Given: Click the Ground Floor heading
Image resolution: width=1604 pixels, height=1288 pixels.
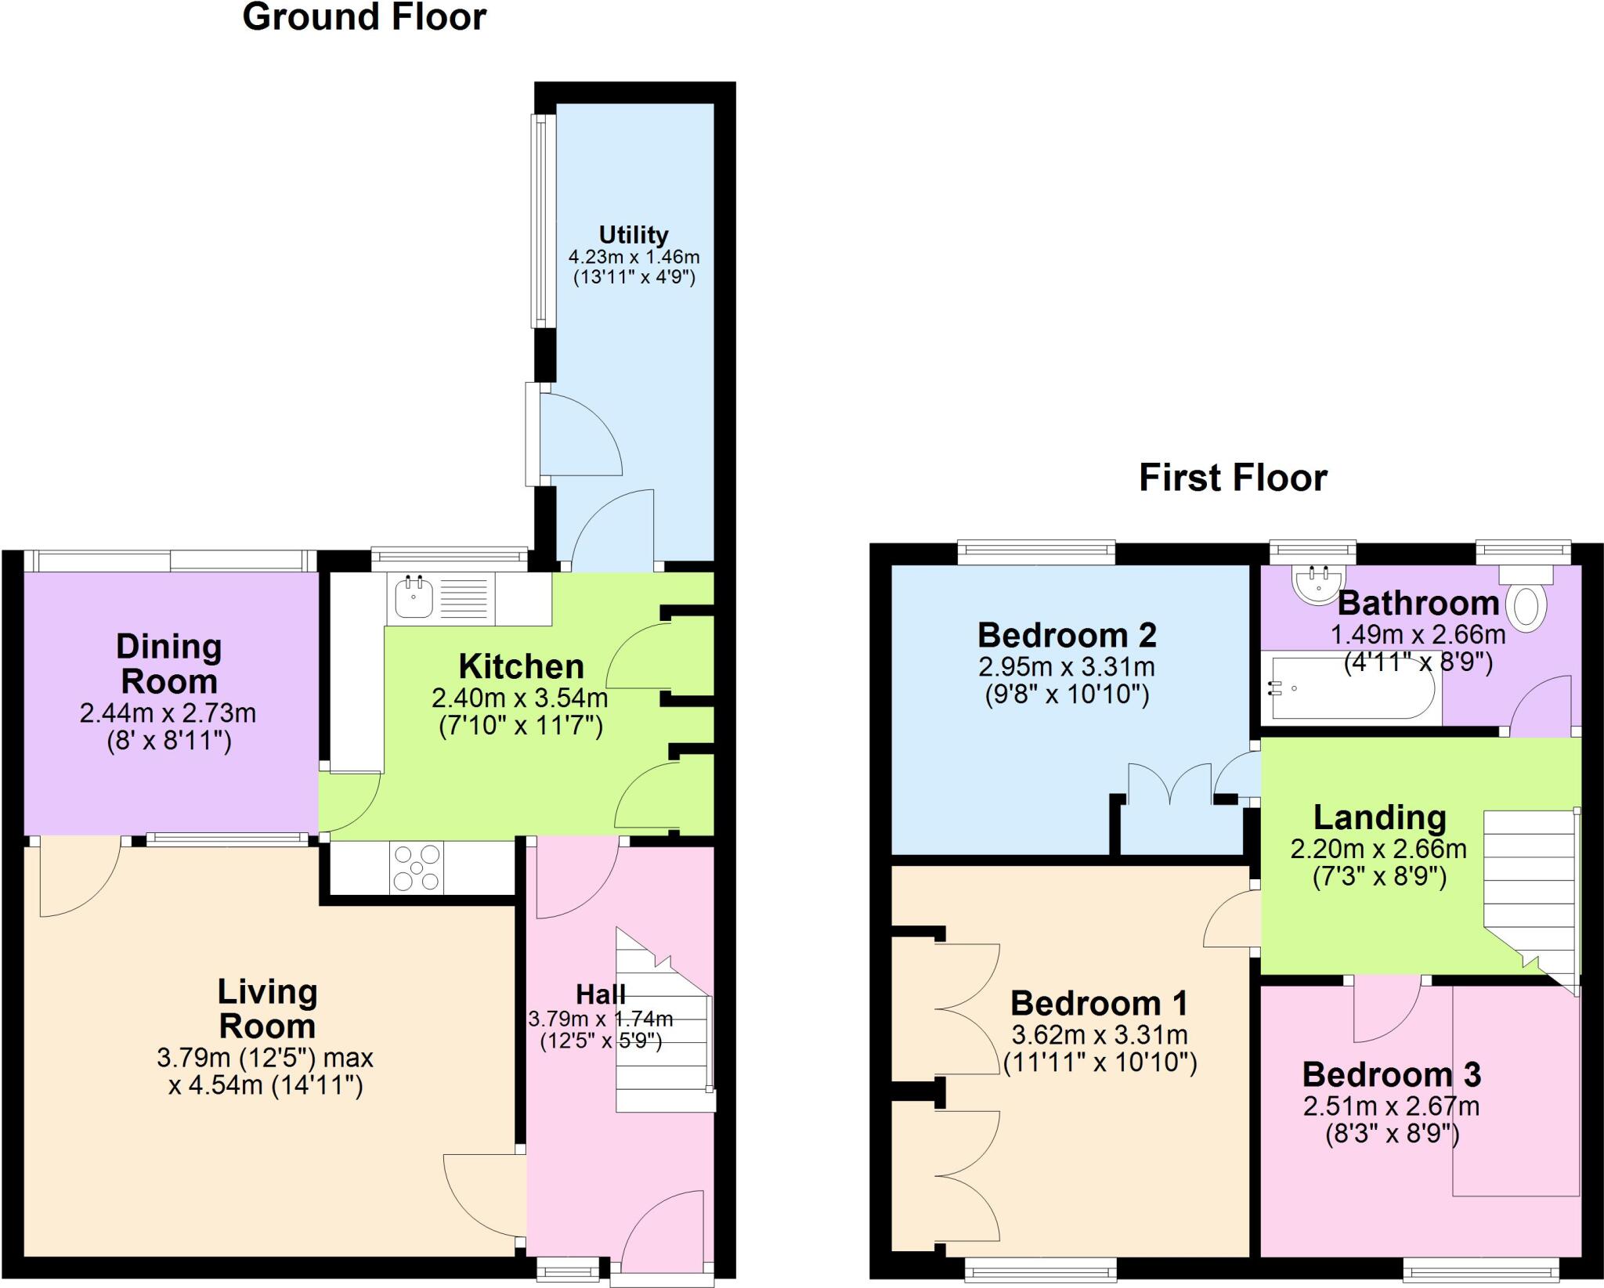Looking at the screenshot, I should click(x=364, y=17).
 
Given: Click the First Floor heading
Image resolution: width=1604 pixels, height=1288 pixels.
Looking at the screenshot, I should click(x=1233, y=478).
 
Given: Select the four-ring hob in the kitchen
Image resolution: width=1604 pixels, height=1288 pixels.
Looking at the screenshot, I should click(x=417, y=868).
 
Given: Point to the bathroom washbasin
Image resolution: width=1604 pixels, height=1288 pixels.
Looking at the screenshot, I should click(x=1318, y=583).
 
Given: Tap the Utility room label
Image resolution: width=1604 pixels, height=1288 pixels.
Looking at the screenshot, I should click(x=634, y=235).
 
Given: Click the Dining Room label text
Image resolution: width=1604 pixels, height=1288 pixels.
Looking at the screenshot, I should click(x=169, y=664).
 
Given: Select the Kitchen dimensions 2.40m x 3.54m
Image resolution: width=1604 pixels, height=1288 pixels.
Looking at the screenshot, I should click(x=520, y=697).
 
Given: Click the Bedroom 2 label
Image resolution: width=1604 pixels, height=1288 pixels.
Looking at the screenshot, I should click(x=1067, y=635).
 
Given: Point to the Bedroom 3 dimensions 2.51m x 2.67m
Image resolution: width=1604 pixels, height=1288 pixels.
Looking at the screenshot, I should click(x=1391, y=1106).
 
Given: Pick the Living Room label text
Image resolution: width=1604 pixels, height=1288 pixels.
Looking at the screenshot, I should click(x=267, y=1008).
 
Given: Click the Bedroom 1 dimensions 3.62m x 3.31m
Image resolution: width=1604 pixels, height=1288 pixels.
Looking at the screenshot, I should click(x=1100, y=1035).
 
